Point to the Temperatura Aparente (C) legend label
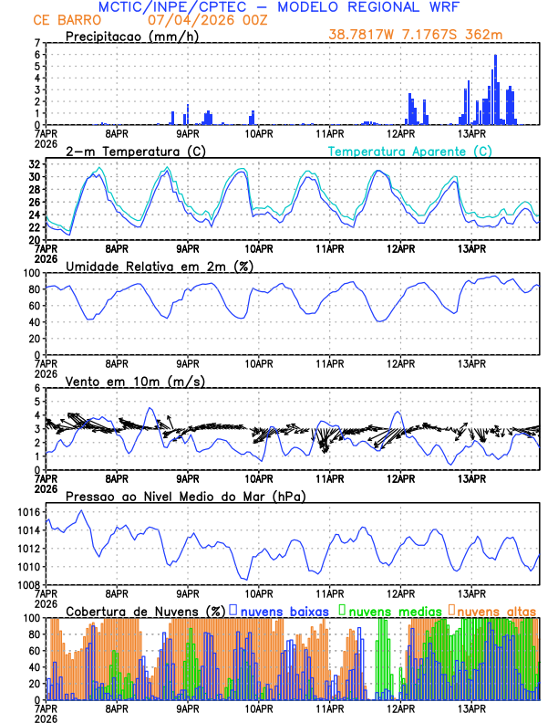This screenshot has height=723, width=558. tap(410, 151)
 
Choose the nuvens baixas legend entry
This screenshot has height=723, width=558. tap(283, 610)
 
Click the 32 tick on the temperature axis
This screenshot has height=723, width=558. tap(34, 164)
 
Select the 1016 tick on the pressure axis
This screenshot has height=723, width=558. tap(28, 513)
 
